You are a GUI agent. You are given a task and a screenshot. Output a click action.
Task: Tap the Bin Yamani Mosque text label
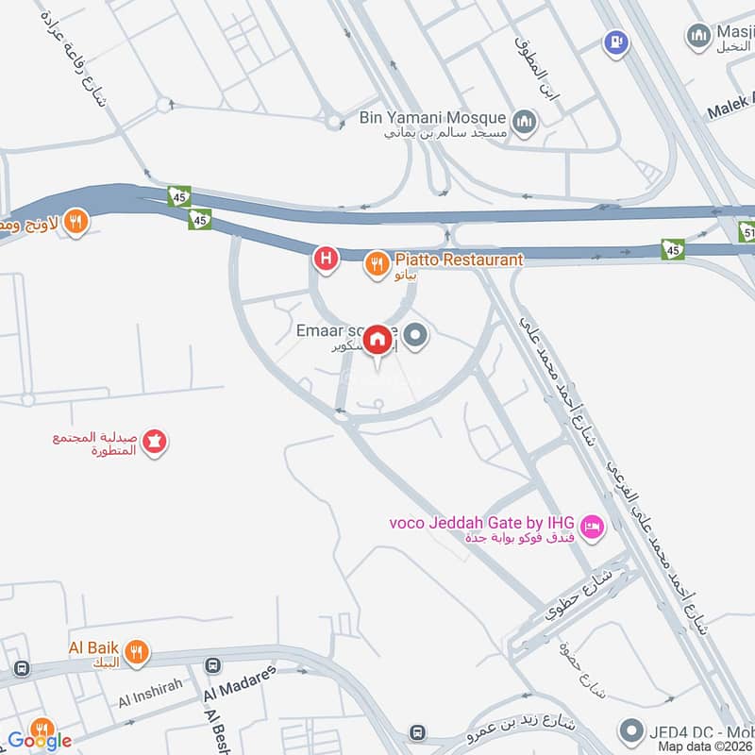(434, 120)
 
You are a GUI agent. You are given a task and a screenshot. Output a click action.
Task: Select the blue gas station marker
(615, 42)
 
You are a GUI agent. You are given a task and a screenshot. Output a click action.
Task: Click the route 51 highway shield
(746, 232)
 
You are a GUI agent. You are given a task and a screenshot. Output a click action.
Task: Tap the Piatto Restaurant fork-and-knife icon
(377, 264)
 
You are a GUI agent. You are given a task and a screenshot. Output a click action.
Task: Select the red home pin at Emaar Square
(377, 339)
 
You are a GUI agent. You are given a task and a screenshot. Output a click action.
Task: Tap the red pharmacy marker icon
(155, 440)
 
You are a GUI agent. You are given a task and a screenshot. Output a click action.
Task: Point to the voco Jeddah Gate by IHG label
(483, 523)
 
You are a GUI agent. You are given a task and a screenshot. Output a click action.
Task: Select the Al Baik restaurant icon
(138, 651)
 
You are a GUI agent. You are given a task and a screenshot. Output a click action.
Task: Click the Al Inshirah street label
(149, 699)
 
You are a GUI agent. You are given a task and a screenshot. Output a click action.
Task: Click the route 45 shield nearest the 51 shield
(672, 248)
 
